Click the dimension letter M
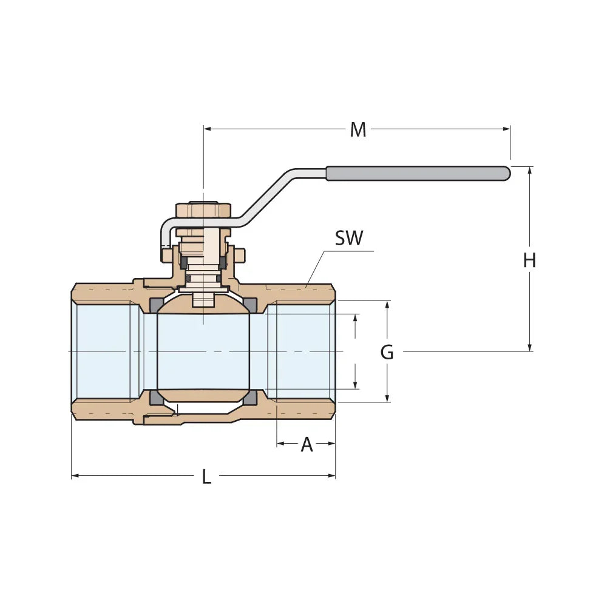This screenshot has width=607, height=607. pos(358,129)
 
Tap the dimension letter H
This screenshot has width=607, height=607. pos(529,260)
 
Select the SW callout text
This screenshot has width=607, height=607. pos(349,239)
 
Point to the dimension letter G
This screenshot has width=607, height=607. pos(387,352)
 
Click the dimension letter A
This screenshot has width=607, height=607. pos(307,444)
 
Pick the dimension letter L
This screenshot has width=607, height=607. pos(206,477)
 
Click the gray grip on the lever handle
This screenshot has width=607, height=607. pos(418,174)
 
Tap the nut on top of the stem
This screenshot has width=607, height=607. pos(203,210)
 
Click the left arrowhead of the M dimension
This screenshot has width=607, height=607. pos(207,129)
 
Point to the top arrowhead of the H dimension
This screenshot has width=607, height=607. pos(530,171)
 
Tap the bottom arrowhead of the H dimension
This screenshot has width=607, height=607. pos(530,347)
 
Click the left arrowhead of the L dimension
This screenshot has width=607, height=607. pos(75,476)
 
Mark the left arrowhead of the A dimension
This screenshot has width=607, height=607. pos(280,444)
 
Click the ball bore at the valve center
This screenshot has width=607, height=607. pos(203,352)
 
